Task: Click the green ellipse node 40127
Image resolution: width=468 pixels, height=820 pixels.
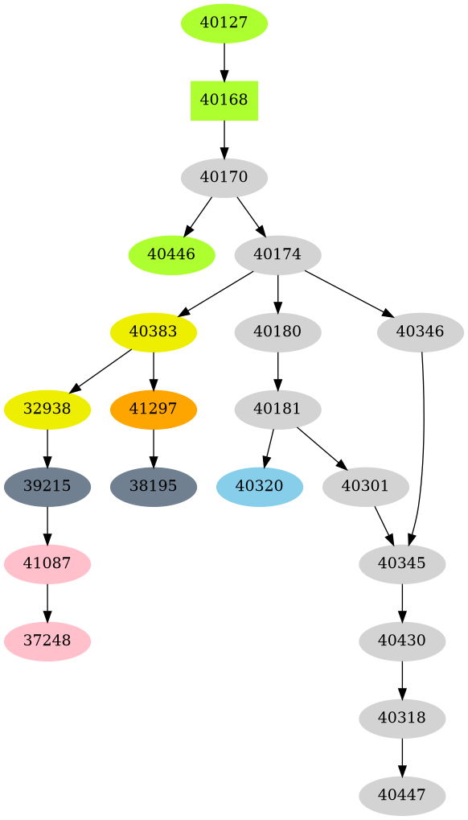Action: pos(224,23)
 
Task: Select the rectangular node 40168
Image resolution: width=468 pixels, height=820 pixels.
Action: pos(224,100)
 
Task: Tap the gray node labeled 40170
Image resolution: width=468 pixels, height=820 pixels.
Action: pos(224,177)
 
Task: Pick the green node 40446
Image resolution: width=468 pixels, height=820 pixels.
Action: pos(171,254)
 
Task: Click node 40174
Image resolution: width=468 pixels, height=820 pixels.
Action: pos(277,254)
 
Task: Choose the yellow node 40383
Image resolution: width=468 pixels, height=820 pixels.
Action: pos(154,332)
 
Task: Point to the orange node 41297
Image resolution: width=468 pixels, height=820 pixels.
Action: pos(154,409)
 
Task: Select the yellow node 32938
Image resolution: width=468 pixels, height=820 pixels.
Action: pos(47,409)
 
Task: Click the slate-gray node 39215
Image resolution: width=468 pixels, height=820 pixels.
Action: pos(47,486)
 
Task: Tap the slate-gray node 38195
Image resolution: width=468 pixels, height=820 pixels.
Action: pos(154,486)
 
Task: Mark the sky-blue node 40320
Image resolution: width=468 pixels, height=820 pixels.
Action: pos(259,486)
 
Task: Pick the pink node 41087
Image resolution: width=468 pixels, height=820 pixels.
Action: pos(47,563)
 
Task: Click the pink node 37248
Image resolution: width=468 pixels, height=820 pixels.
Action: pos(47,641)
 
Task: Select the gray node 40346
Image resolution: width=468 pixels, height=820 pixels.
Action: pos(420,332)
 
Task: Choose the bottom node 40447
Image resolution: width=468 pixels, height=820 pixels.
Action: pos(401,795)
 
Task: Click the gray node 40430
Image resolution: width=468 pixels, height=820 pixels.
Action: pos(401,641)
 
